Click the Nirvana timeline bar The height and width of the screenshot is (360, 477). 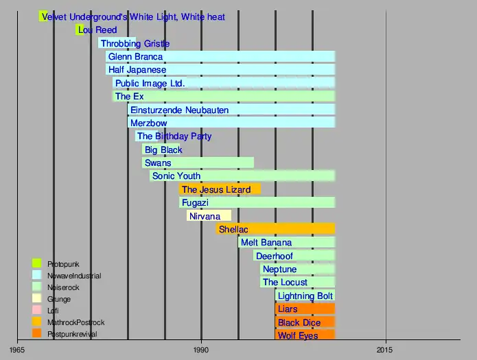coord(209,216)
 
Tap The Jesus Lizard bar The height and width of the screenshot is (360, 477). coord(220,189)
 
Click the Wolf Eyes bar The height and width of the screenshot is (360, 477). coord(305,335)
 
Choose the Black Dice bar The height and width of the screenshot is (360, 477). coord(305,322)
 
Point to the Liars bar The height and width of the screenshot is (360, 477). coord(305,309)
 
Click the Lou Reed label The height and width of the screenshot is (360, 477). coord(97,30)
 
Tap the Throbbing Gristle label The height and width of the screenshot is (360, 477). coord(135,43)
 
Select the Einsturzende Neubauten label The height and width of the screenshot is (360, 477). coord(179,110)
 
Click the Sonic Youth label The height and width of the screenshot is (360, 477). coord(176,176)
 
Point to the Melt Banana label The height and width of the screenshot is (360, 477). coord(266,243)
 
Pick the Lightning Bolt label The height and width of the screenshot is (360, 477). coord(305,296)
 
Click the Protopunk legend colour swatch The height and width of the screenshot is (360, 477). coord(37,263)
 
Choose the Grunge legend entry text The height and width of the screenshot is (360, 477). coord(58,299)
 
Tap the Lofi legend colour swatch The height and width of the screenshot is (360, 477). coord(37,311)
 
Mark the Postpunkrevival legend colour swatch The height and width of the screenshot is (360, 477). coord(37,334)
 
